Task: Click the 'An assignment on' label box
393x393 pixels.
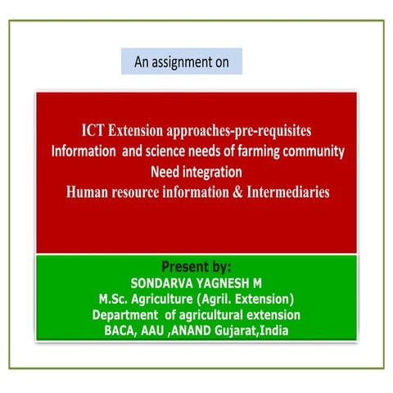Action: tap(181, 61)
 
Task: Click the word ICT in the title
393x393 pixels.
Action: tap(93, 132)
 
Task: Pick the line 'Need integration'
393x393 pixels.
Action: tap(196, 172)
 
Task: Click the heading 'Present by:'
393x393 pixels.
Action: tap(196, 267)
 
